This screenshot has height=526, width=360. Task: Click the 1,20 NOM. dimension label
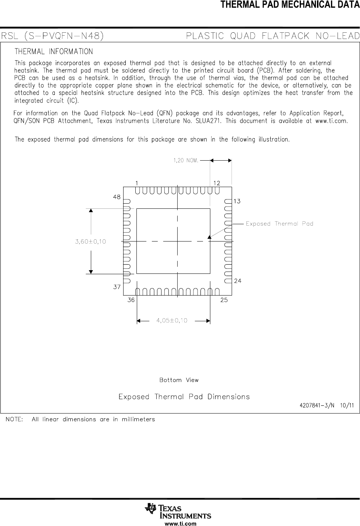(186, 160)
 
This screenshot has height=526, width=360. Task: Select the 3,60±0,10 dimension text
(90, 241)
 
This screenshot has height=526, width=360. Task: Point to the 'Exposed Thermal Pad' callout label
(279, 223)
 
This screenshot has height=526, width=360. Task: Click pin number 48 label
(117, 197)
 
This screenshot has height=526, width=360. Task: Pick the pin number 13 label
(237, 201)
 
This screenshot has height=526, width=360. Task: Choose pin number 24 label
(238, 281)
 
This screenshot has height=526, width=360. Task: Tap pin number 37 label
(117, 287)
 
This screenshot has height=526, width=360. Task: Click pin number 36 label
(131, 300)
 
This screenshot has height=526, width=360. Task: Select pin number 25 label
(224, 300)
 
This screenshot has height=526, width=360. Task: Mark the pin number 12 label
(216, 183)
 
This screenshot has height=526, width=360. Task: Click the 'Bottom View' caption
(179, 380)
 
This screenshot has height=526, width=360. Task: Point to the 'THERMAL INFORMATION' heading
(54, 51)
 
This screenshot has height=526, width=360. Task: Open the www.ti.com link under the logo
(180, 523)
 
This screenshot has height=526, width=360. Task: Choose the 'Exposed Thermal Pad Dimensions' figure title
(184, 397)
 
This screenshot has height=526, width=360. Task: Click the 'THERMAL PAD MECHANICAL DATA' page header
(290, 5)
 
